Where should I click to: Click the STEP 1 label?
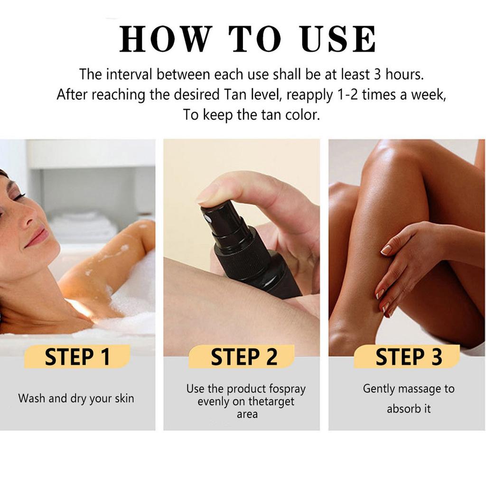point(77,357)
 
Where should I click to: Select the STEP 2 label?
point(244,357)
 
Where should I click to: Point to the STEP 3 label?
point(409,357)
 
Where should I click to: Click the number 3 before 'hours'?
point(377,75)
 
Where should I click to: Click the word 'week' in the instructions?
point(429,95)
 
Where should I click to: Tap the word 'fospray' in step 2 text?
point(287,389)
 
